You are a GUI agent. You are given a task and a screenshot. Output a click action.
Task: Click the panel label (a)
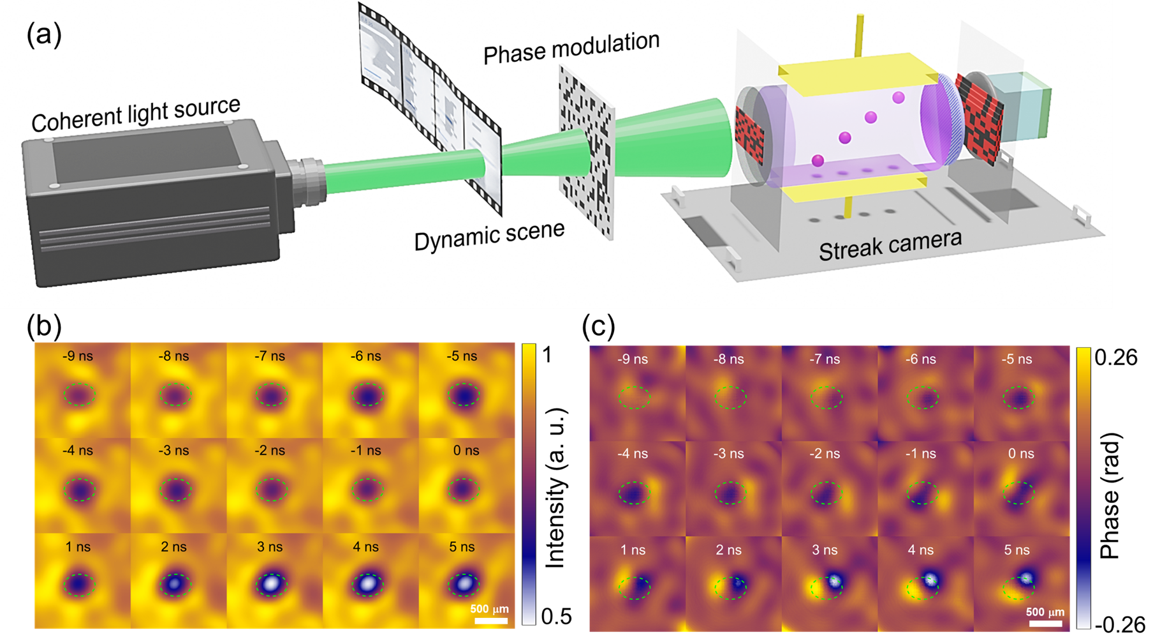point(44,34)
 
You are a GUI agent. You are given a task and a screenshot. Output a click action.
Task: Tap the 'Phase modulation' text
point(571,47)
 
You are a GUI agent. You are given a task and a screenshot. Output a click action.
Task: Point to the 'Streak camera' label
point(890,245)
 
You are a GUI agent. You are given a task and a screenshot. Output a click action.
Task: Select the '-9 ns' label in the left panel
point(78,356)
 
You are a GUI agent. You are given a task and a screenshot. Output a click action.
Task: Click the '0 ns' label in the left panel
point(466,451)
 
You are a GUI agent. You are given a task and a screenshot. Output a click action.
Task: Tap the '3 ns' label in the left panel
point(270,547)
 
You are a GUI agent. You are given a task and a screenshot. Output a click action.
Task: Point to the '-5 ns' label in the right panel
point(1017,359)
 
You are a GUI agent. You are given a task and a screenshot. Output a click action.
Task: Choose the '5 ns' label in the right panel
point(1017,550)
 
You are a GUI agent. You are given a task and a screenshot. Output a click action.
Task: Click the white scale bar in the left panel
point(490,620)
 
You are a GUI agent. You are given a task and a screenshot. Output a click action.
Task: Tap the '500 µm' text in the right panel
point(1045,612)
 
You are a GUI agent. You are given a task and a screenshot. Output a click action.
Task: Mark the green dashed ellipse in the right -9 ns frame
point(635,398)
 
